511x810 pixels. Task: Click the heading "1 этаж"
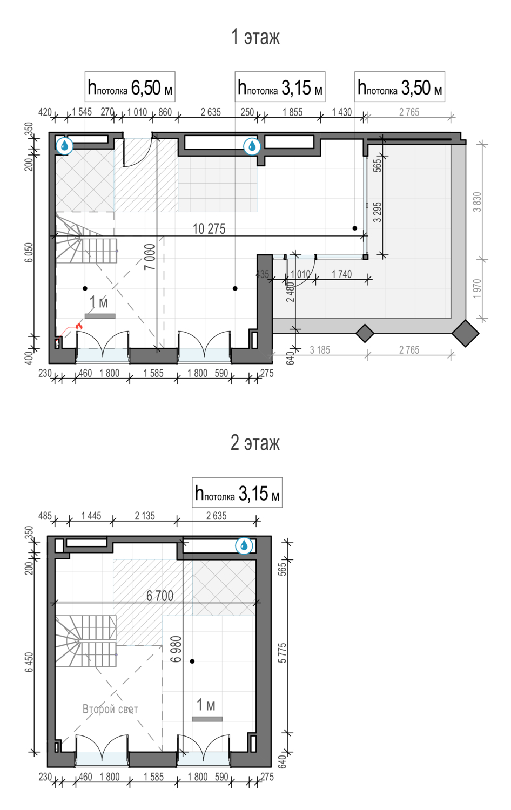[x=255, y=37]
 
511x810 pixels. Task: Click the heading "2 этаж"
[x=255, y=443]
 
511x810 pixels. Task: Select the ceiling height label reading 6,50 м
[x=130, y=87]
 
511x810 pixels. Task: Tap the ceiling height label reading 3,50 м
[x=400, y=87]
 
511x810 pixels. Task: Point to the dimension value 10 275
[x=209, y=229]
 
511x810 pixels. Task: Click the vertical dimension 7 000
[x=150, y=256]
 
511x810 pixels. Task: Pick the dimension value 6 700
[x=160, y=596]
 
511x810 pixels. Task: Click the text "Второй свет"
[x=110, y=710]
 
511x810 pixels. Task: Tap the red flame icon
[x=79, y=326]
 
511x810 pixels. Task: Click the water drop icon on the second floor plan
[x=244, y=545]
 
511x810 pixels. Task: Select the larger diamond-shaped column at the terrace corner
[x=466, y=333]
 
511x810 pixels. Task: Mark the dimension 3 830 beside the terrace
[x=478, y=202]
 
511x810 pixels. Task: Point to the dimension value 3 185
[x=320, y=350]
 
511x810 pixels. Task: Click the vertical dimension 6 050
[x=29, y=252]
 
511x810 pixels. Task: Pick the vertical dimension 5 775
[x=283, y=653]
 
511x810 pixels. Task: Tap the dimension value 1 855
[x=293, y=112]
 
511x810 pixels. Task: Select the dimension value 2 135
[x=145, y=516]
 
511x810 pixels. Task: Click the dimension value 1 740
[x=342, y=274]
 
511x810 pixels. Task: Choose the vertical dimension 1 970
[x=478, y=288]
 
